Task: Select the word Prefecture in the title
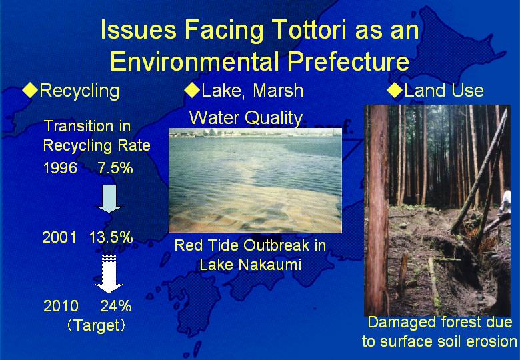pos(348,61)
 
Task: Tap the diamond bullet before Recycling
pos(30,90)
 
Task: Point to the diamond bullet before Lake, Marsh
pos(192,90)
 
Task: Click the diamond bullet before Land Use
pos(395,90)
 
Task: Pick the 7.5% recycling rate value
pos(115,168)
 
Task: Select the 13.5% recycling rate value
pos(111,237)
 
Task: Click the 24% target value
pos(116,306)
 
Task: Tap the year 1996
pos(61,168)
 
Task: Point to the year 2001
pos(59,237)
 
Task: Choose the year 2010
pos(61,306)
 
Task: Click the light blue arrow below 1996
pos(109,199)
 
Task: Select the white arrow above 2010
pos(109,274)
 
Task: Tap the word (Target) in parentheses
pos(97,325)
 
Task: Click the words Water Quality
pos(246,118)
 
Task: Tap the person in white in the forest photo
pos(505,202)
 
